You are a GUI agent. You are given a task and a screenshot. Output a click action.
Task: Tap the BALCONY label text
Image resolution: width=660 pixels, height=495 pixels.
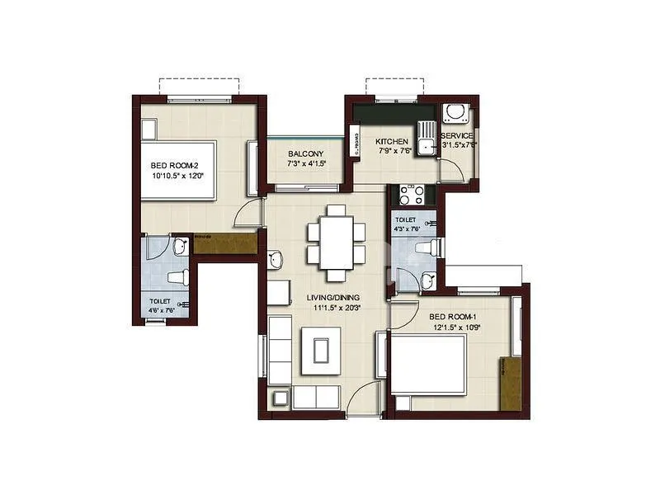click(305, 154)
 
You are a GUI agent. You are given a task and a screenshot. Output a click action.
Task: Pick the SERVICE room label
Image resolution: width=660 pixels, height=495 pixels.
click(457, 135)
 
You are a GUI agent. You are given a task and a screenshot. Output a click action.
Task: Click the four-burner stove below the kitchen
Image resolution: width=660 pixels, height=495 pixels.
click(411, 195)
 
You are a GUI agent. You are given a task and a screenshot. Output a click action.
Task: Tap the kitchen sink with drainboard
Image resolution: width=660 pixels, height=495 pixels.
click(426, 139)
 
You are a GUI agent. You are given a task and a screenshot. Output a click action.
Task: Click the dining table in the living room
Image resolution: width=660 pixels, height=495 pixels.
click(337, 243)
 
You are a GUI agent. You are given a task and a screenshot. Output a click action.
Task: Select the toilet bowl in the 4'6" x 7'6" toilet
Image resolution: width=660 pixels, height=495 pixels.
click(178, 277)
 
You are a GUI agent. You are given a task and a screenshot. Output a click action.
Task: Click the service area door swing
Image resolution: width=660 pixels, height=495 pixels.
click(450, 169)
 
